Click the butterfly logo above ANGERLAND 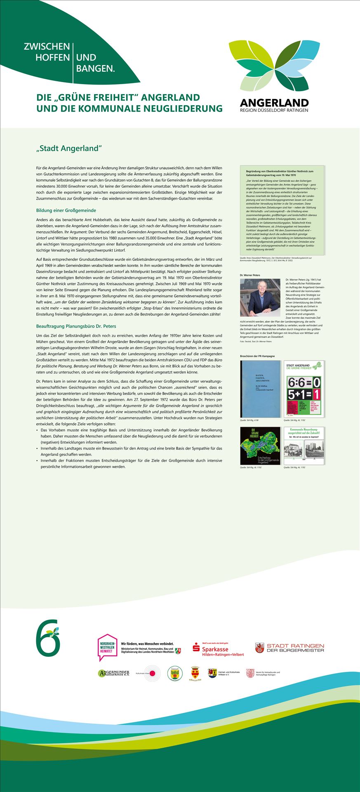tap(274, 66)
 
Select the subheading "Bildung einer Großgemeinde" tap(66, 210)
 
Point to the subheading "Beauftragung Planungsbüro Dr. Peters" tap(76, 326)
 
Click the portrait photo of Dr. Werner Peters tap(260, 297)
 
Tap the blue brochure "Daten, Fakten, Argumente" tap(260, 389)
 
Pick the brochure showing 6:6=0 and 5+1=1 tap(304, 389)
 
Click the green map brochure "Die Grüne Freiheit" tap(260, 446)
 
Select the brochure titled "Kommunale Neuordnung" tap(304, 446)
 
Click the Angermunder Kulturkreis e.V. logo tap(114, 674)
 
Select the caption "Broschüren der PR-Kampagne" tap(257, 356)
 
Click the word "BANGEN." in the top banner tap(96, 69)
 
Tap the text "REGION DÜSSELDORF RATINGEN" tap(274, 110)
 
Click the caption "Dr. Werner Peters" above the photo tap(250, 274)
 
